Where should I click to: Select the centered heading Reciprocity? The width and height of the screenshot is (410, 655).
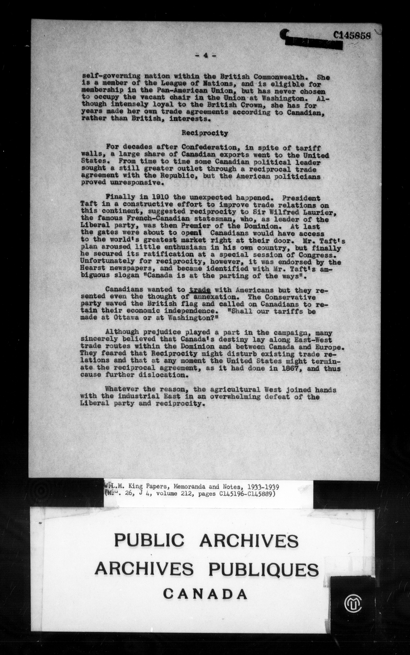[x=205, y=133]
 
